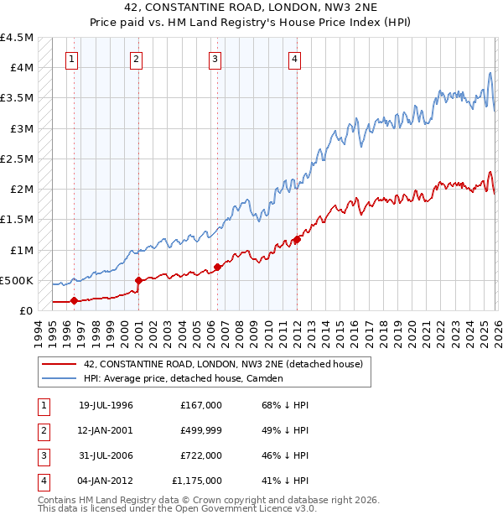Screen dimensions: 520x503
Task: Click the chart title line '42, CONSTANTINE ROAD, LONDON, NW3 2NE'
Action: point(251,8)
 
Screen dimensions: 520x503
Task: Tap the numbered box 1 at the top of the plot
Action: point(72,59)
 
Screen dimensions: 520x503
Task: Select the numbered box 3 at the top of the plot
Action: point(215,59)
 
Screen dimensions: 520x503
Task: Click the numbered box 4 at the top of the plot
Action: point(295,59)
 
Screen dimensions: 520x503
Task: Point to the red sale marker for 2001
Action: point(138,280)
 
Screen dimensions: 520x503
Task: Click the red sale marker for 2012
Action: point(297,240)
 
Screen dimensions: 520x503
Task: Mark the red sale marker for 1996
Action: point(74,300)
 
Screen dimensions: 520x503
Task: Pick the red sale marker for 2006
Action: point(218,267)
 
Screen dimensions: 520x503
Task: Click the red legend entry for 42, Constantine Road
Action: point(222,364)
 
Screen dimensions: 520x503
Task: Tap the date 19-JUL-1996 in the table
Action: point(106,405)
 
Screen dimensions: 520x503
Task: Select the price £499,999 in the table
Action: point(201,430)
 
